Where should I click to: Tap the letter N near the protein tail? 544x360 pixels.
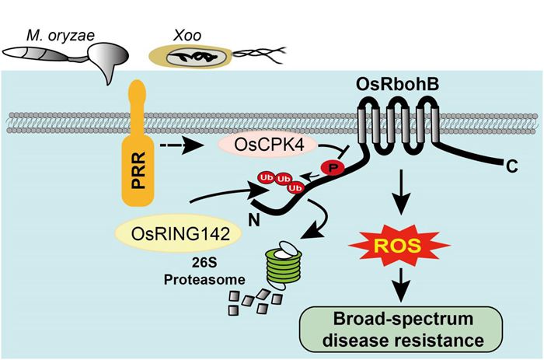[x=229, y=220]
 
